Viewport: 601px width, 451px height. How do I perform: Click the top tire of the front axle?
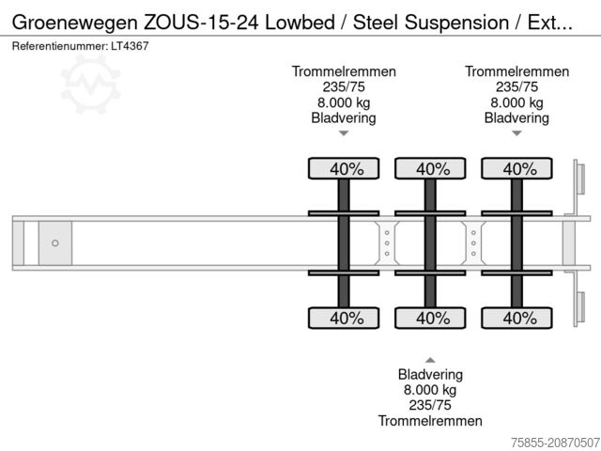click(345, 169)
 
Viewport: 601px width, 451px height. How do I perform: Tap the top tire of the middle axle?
click(431, 169)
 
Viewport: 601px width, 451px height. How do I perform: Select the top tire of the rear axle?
click(517, 169)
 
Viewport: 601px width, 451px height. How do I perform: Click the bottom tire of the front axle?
click(345, 319)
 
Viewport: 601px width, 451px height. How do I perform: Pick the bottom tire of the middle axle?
click(431, 319)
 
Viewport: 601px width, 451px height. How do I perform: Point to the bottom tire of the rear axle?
click(517, 319)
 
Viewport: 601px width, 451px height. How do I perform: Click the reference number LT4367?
click(121, 45)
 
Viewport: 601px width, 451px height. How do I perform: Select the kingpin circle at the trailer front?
click(55, 243)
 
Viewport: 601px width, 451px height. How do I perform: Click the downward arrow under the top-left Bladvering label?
click(344, 134)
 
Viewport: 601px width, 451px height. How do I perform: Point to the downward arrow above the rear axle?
click(516, 134)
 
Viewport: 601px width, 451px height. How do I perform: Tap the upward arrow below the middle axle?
click(430, 359)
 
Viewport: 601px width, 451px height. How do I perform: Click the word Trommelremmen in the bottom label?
click(430, 421)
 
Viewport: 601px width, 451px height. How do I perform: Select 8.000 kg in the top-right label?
click(516, 103)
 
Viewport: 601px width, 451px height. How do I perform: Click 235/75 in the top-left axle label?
click(344, 87)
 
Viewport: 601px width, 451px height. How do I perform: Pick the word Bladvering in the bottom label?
click(430, 373)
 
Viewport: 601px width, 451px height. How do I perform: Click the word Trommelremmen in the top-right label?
click(516, 71)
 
